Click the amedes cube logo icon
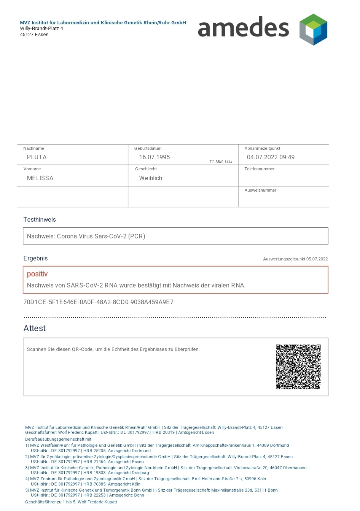point(313,29)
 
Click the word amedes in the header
point(243,27)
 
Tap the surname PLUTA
point(37,157)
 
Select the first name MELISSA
point(40,178)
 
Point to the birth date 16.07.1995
point(154,157)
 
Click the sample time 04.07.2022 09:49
point(271,157)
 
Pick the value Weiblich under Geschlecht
point(150,178)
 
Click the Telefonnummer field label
point(259,169)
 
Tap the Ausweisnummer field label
point(260,190)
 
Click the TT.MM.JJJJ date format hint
point(220,162)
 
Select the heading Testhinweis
point(40,220)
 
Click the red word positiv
point(37,274)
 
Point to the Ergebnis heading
point(35,259)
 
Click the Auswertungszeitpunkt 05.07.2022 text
point(295,259)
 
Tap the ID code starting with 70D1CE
point(98,302)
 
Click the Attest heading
point(35,328)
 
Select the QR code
point(298,367)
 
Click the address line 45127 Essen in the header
point(34,35)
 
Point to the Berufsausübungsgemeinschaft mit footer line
point(58,439)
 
